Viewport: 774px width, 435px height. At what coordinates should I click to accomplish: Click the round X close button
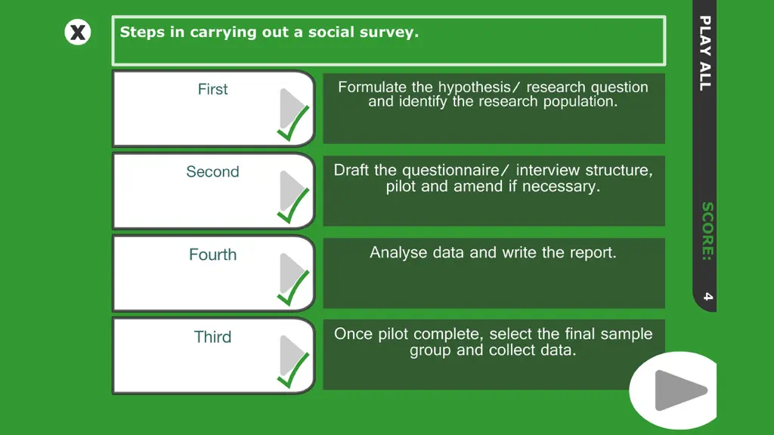(78, 32)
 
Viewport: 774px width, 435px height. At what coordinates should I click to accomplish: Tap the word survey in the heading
(389, 32)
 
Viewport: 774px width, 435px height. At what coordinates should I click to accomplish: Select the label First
(212, 89)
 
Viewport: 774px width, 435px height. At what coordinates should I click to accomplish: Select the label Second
(212, 171)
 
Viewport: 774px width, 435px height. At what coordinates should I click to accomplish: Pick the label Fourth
(212, 255)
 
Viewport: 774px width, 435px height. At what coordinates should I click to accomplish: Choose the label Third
(212, 337)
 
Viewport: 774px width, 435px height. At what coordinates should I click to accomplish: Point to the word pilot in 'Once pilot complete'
(393, 335)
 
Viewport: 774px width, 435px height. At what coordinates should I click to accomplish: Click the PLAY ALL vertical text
(705, 54)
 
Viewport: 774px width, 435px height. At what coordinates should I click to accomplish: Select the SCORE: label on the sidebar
(707, 231)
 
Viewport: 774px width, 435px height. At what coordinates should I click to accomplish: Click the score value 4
(707, 296)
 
